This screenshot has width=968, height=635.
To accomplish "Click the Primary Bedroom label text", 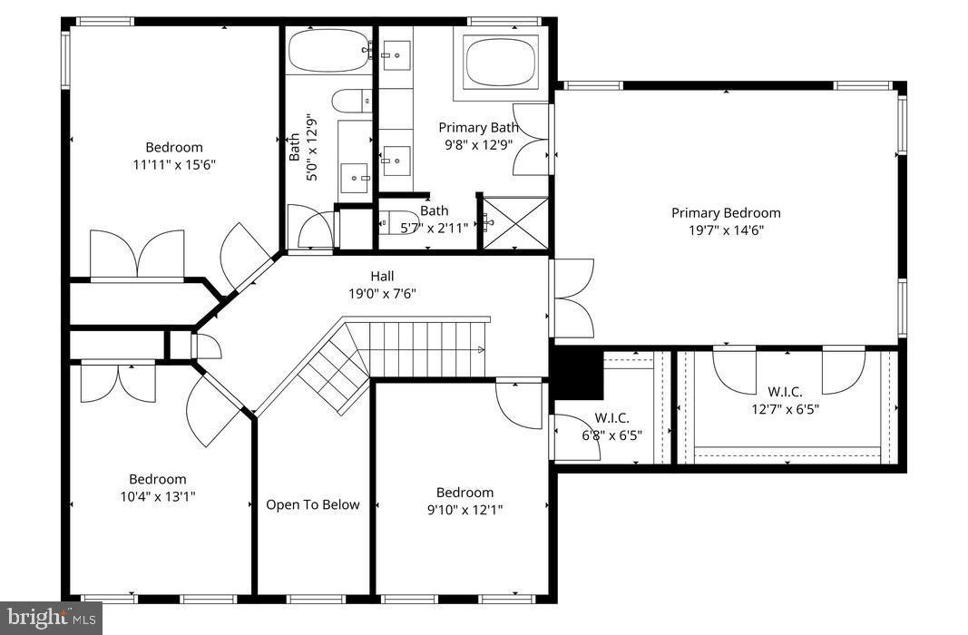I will (x=725, y=213).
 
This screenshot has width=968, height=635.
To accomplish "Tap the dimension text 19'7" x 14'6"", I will (x=725, y=230).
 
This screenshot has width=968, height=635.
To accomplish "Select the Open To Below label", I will (x=312, y=505).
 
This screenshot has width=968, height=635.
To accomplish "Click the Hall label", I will (x=382, y=276).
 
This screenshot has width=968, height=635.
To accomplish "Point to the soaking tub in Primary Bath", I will (x=502, y=62).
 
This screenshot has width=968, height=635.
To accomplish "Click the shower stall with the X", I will (x=514, y=223).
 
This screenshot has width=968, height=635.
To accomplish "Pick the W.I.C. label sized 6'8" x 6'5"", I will (x=611, y=418).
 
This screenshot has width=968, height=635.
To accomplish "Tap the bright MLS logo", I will (x=51, y=619).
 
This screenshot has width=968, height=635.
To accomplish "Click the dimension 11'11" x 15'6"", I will (x=174, y=164).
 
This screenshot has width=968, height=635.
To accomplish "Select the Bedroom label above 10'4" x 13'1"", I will (x=157, y=479).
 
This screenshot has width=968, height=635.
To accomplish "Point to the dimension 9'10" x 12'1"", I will (x=464, y=510).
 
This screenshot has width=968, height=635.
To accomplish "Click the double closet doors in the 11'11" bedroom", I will (x=137, y=254).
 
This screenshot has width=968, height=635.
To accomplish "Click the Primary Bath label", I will (x=478, y=127).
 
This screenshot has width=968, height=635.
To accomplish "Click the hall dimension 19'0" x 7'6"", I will (x=382, y=293).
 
